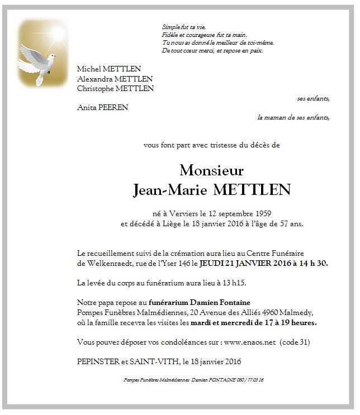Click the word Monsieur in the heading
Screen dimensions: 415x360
tap(212, 170)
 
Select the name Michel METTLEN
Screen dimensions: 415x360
tap(109, 69)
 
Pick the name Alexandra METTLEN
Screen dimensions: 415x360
tap(115, 79)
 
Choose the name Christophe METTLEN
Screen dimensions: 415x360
tap(116, 88)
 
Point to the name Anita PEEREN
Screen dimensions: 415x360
tap(102, 108)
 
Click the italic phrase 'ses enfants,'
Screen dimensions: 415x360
tap(313, 98)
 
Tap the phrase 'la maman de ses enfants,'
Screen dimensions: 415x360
tap(293, 118)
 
